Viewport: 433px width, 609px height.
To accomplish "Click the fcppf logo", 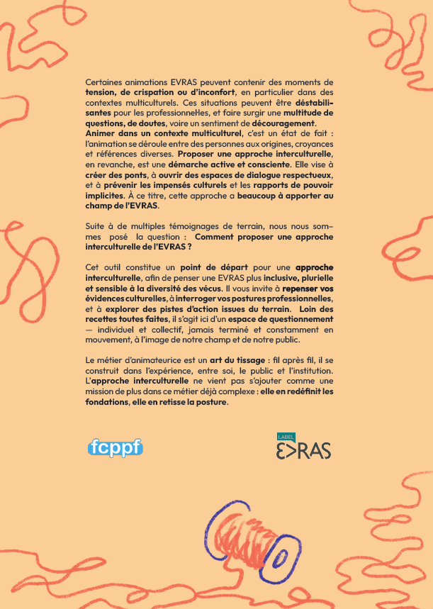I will tap(115, 447).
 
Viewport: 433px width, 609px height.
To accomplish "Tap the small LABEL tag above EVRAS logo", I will tap(284, 435).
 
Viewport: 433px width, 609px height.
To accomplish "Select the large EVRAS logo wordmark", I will tap(303, 449).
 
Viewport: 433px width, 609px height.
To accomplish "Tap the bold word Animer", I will tap(99, 133).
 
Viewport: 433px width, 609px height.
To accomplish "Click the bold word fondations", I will tap(107, 403).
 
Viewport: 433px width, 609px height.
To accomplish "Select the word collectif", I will tap(173, 330).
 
